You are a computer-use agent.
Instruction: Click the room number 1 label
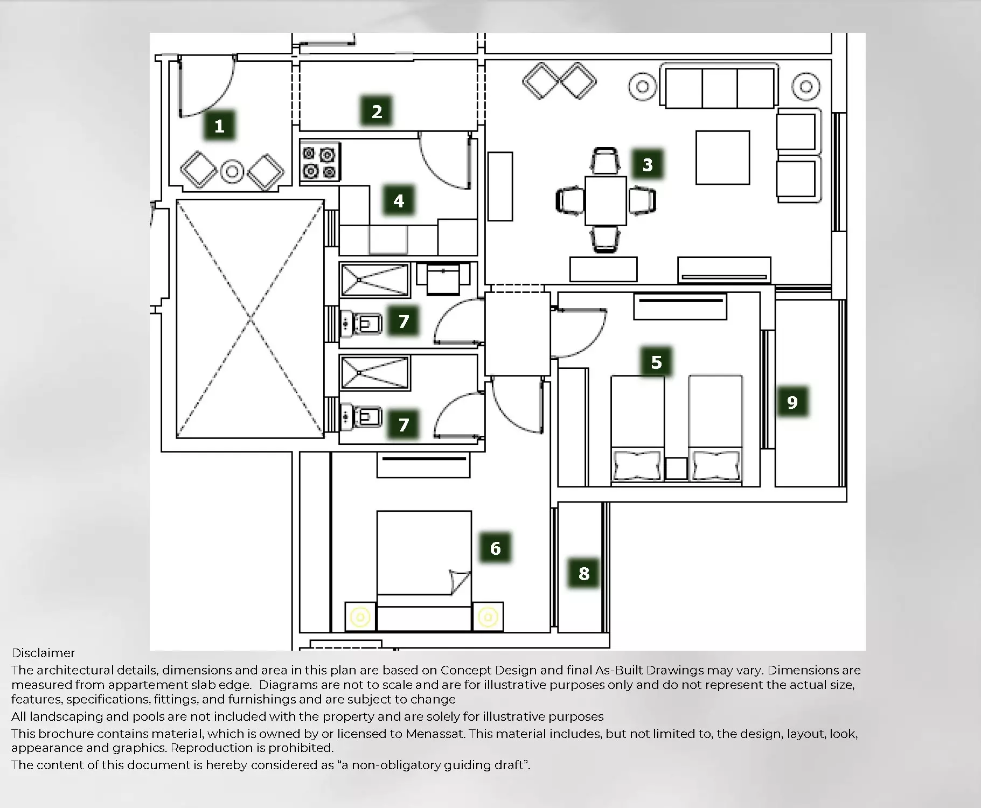[219, 126]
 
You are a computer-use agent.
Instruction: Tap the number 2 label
[377, 112]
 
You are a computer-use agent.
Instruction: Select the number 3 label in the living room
[648, 164]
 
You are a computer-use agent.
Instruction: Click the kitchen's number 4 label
[399, 201]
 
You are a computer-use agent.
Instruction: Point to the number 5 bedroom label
[656, 362]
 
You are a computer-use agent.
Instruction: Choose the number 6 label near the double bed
[496, 548]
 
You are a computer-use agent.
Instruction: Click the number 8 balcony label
[584, 573]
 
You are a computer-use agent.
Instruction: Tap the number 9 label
[792, 402]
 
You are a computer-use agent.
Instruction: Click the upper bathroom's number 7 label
[403, 322]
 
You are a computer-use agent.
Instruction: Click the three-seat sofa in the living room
[720, 88]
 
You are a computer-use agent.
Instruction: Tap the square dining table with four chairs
[606, 200]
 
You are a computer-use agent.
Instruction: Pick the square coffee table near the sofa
[722, 158]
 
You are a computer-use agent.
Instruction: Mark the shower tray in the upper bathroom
[375, 280]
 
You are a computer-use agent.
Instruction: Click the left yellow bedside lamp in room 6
[360, 617]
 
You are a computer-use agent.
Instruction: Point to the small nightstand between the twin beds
[676, 469]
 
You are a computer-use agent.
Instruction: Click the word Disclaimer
[43, 653]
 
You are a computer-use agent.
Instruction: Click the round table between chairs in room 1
[232, 171]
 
